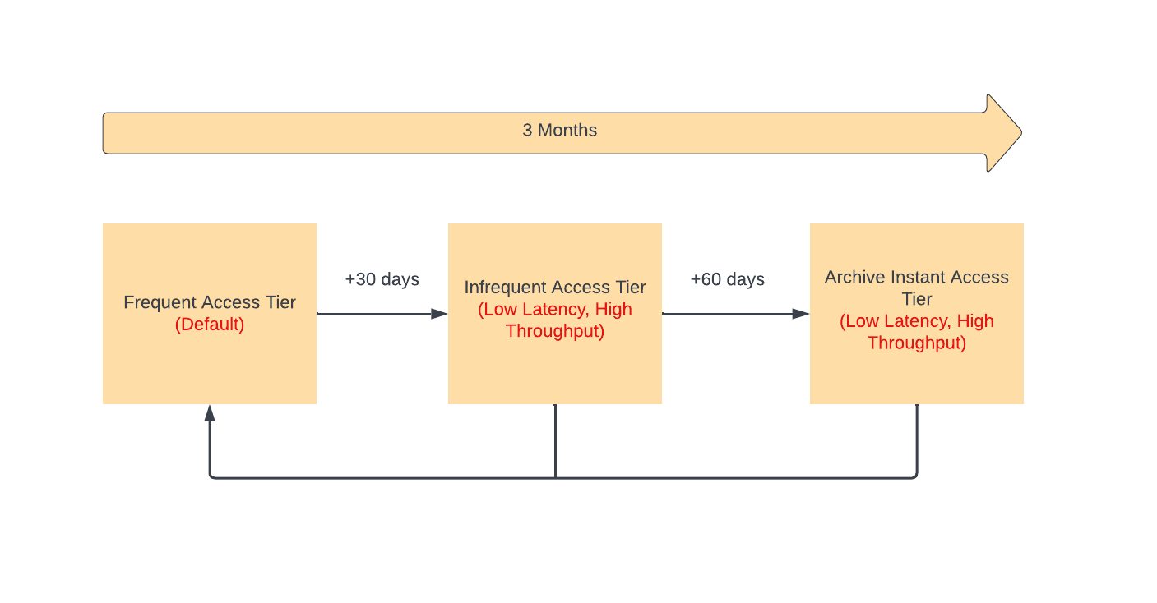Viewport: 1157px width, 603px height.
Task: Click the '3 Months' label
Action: [x=559, y=130]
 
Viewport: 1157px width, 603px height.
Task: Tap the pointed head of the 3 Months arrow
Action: [x=1020, y=132]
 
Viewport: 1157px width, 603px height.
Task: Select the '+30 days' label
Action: [x=382, y=279]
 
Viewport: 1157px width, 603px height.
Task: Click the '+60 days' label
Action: [x=727, y=279]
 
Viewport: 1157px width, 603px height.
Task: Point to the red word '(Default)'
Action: [x=210, y=325]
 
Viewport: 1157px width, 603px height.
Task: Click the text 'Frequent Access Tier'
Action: [x=210, y=302]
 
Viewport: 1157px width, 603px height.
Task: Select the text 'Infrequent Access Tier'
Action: [x=555, y=288]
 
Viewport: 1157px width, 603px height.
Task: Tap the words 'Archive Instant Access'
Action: [x=917, y=278]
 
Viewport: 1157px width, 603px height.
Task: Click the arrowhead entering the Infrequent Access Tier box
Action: [x=440, y=314]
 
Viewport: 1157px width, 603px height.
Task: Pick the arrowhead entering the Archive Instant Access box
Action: [x=801, y=314]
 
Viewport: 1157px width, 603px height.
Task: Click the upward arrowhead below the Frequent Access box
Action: [x=210, y=413]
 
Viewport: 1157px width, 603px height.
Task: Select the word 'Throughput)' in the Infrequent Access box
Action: [x=555, y=331]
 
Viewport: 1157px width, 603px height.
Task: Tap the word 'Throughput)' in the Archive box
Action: [x=917, y=343]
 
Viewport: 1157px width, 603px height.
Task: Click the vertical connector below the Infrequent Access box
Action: [x=555, y=441]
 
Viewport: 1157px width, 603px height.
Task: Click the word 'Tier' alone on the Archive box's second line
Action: [x=917, y=299]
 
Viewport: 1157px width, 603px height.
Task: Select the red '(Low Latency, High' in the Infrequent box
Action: [x=555, y=310]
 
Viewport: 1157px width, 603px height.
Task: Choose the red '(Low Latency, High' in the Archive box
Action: [x=917, y=321]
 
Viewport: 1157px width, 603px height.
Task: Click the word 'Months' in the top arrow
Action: [x=567, y=130]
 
